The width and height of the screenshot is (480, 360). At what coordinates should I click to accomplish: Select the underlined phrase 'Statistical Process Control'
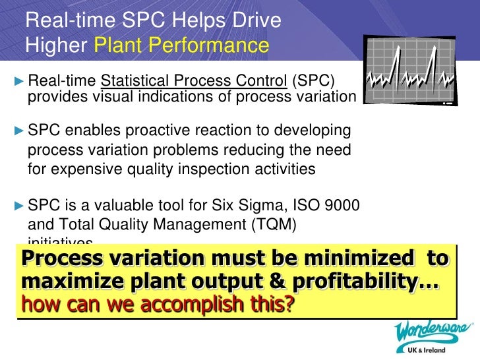coord(193,81)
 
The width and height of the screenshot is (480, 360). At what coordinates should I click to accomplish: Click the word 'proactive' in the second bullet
coord(160,129)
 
